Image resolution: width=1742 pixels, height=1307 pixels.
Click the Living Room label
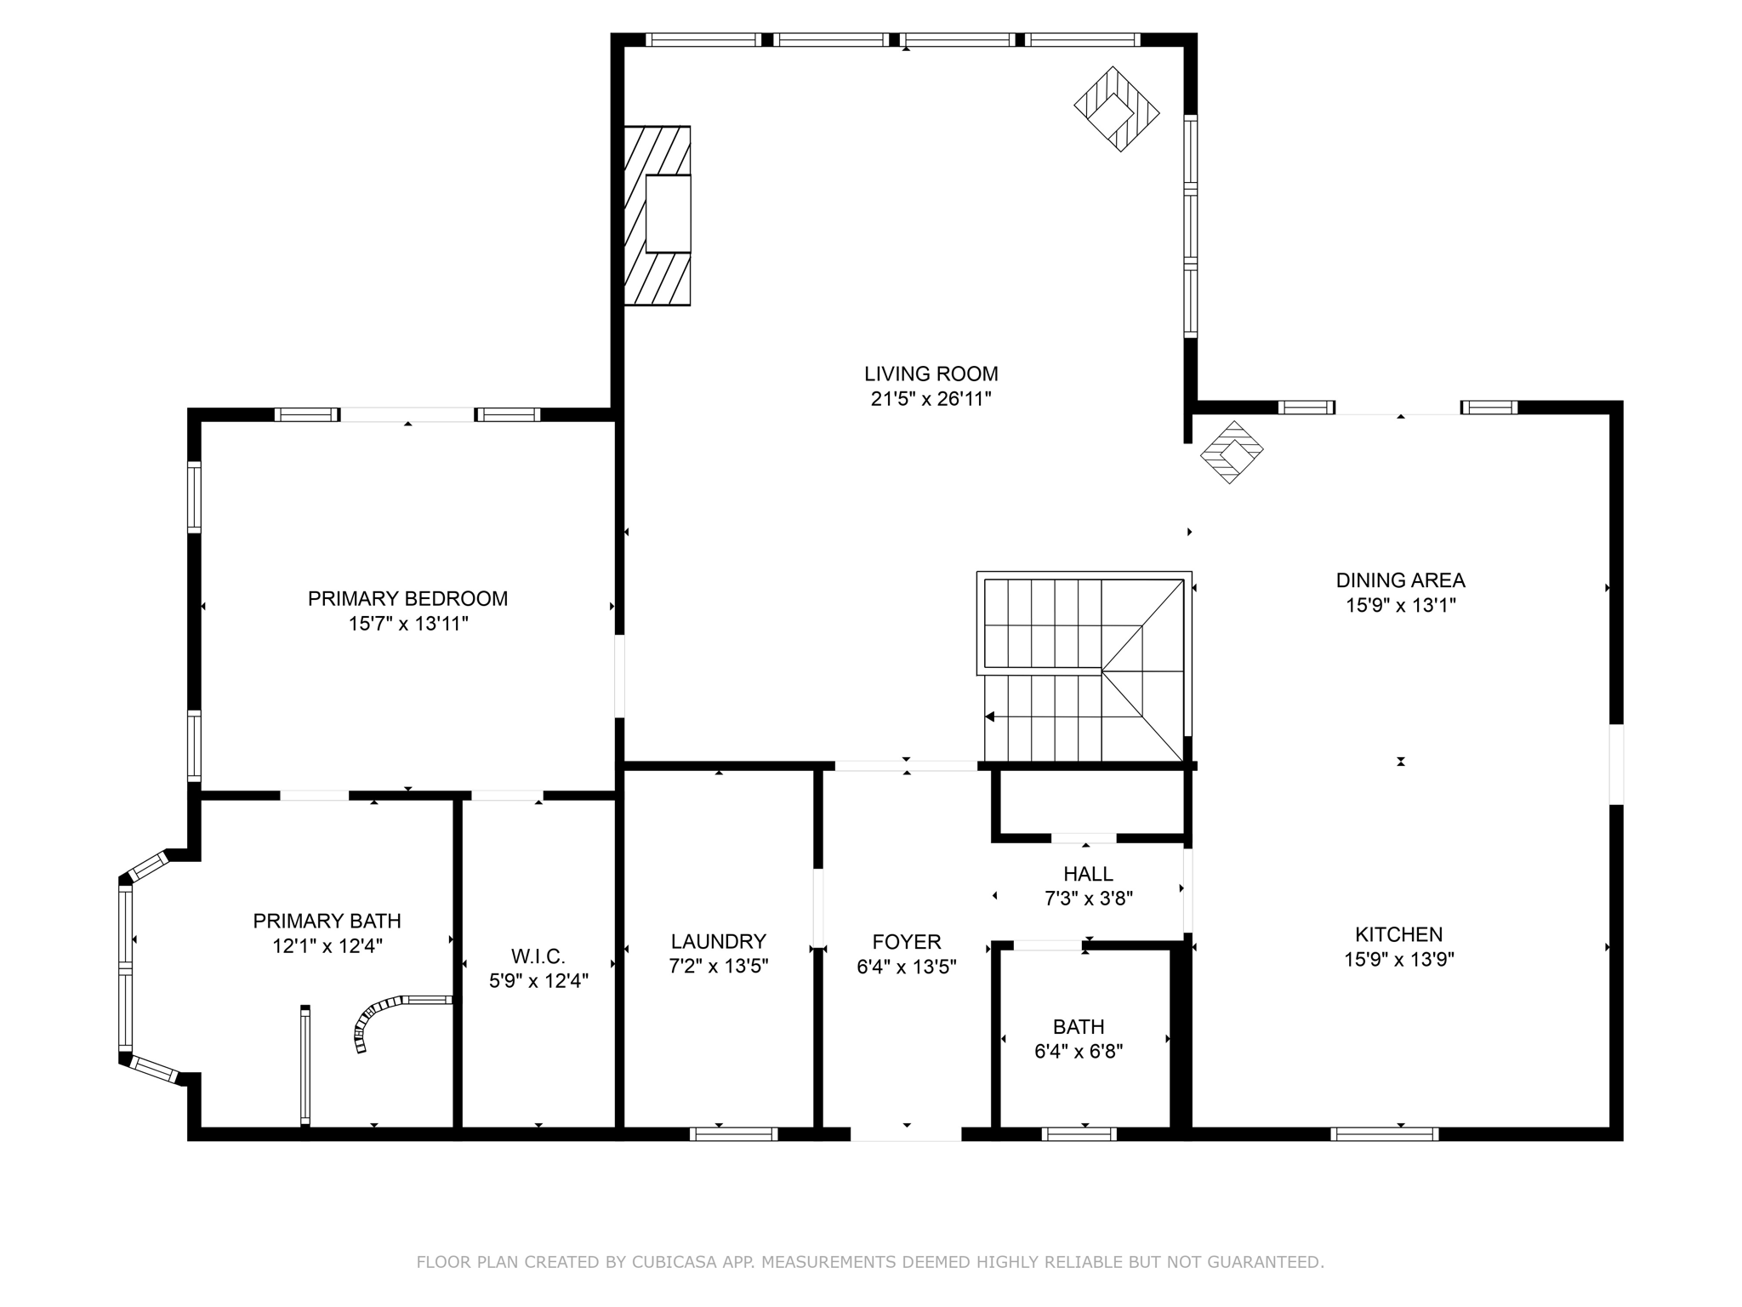pyautogui.click(x=931, y=374)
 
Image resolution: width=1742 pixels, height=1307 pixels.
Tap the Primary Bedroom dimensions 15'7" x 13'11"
pyautogui.click(x=407, y=624)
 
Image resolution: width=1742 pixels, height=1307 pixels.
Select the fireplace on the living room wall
pyautogui.click(x=658, y=215)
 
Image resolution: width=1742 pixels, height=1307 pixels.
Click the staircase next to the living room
pyautogui.click(x=1084, y=669)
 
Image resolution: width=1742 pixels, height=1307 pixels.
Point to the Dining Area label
pyautogui.click(x=1400, y=580)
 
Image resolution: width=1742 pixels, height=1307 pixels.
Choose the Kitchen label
pyautogui.click(x=1398, y=934)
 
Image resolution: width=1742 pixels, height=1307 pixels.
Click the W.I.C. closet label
pyautogui.click(x=538, y=956)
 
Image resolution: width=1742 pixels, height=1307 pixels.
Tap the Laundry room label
pyautogui.click(x=718, y=941)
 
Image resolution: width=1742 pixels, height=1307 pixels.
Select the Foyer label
pyautogui.click(x=906, y=942)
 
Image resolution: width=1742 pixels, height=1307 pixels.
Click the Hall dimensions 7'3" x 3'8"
pyautogui.click(x=1088, y=898)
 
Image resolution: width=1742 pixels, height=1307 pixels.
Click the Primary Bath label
pyautogui.click(x=327, y=921)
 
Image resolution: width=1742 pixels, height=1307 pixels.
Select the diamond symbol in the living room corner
pyautogui.click(x=1116, y=109)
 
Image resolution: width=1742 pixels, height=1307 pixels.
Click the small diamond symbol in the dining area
pyautogui.click(x=1231, y=452)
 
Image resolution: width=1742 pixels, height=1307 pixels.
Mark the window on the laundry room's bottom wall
pyautogui.click(x=733, y=1133)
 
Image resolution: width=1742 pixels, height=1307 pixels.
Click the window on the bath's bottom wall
pyautogui.click(x=1079, y=1133)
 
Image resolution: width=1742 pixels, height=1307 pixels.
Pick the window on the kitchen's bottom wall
pyautogui.click(x=1384, y=1133)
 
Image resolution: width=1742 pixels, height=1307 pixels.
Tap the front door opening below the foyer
pyautogui.click(x=906, y=1133)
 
